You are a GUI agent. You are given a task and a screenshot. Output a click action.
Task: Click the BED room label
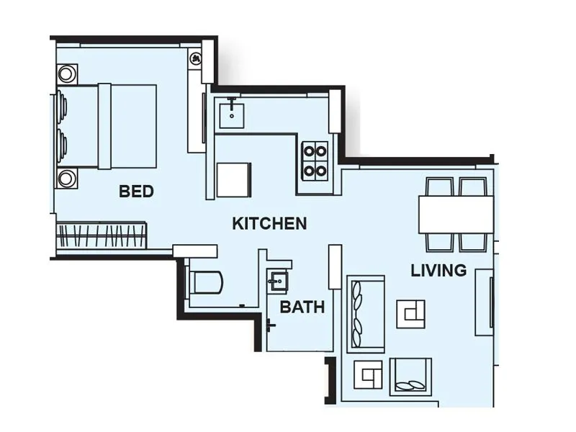(x=136, y=192)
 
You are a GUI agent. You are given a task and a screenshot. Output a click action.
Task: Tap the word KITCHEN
(x=269, y=223)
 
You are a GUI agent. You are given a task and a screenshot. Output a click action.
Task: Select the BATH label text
(x=302, y=307)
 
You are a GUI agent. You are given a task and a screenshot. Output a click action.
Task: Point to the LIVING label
(x=438, y=271)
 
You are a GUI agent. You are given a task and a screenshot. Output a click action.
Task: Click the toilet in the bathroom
(x=205, y=282)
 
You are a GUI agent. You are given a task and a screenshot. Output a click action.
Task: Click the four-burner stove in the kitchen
(x=315, y=161)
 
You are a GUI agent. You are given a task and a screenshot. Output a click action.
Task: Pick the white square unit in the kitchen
(x=234, y=179)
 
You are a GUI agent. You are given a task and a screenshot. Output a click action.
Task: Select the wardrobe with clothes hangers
(x=102, y=235)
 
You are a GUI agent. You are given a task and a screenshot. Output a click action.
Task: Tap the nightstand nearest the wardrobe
(x=67, y=178)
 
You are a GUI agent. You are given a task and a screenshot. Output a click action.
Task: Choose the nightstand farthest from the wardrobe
(x=67, y=74)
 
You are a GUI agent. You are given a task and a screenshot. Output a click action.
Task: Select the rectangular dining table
(x=456, y=214)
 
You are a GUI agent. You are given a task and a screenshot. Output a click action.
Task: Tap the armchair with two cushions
(x=410, y=377)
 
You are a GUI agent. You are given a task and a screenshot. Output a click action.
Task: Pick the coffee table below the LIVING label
(x=410, y=312)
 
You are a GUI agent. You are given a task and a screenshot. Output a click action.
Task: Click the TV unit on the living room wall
(x=484, y=302)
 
